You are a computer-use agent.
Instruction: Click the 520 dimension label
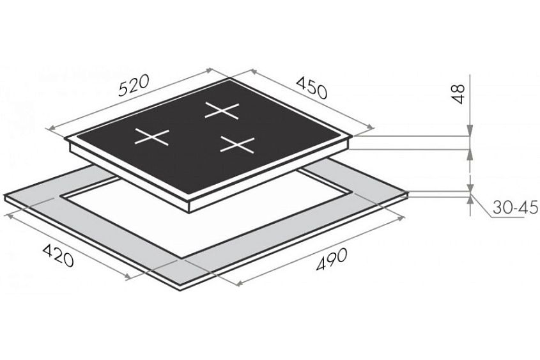point(134,85)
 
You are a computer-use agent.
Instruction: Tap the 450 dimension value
point(311,88)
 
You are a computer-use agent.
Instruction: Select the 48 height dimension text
point(458,94)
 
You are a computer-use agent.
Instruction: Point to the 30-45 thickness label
point(515,208)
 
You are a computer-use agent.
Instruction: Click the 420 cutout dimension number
point(58,255)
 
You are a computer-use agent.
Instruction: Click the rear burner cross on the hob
point(222,111)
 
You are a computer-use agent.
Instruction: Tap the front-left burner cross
point(152,137)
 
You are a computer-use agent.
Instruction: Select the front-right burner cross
point(237,145)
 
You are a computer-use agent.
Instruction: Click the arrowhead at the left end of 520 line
point(50,128)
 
